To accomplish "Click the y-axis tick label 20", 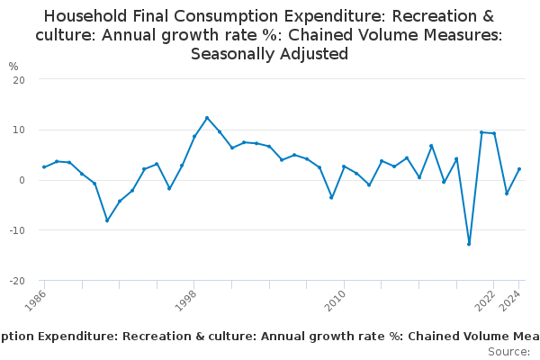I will (18, 79).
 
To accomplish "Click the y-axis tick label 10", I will (18, 130).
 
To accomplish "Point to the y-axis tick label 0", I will (21, 180).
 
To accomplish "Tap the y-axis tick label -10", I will (16, 230).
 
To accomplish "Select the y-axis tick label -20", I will (16, 281).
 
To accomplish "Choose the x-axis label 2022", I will (483, 300).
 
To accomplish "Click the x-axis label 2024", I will (510, 300).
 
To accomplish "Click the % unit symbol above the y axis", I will (13, 67).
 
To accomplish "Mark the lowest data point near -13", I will (469, 244).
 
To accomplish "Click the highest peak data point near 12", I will (207, 118).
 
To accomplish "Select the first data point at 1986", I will (44, 166).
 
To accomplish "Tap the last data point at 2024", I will (519, 169).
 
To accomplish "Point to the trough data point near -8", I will (107, 220).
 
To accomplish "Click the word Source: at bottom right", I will (508, 352).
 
